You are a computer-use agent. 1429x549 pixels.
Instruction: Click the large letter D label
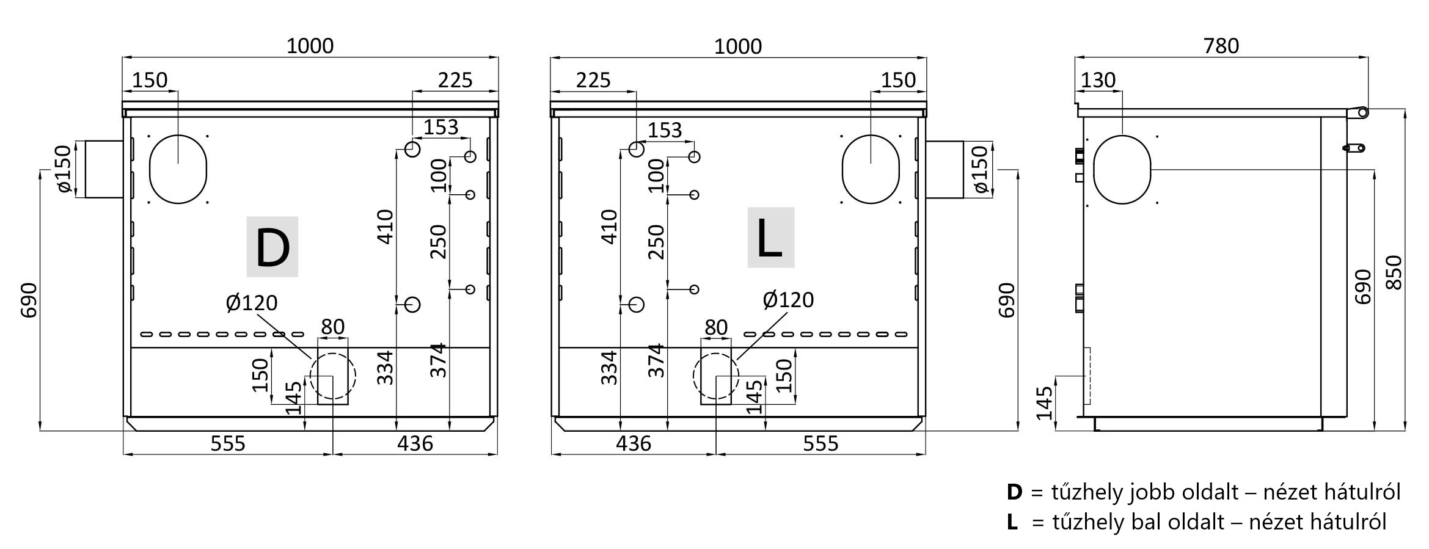[x=272, y=247]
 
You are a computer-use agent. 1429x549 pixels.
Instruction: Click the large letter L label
[x=770, y=238]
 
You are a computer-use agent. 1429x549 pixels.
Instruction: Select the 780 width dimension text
[x=1221, y=46]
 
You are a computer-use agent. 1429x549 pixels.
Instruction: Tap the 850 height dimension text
[x=1394, y=272]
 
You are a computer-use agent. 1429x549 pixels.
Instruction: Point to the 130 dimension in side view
[x=1098, y=80]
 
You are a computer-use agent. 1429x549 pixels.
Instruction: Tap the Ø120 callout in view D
[x=252, y=302]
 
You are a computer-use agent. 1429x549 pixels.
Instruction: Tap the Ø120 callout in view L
[x=788, y=300]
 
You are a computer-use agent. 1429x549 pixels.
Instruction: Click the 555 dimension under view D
[x=228, y=443]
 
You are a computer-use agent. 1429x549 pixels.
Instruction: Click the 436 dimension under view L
[x=634, y=443]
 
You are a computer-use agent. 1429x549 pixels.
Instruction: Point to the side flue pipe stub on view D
[x=104, y=169]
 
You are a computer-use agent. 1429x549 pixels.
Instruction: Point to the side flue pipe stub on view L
[x=945, y=169]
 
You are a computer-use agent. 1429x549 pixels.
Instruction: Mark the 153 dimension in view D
[x=440, y=127]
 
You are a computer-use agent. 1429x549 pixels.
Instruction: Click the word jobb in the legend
[x=1152, y=492]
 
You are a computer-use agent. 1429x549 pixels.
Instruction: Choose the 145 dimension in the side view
[x=1045, y=402]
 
